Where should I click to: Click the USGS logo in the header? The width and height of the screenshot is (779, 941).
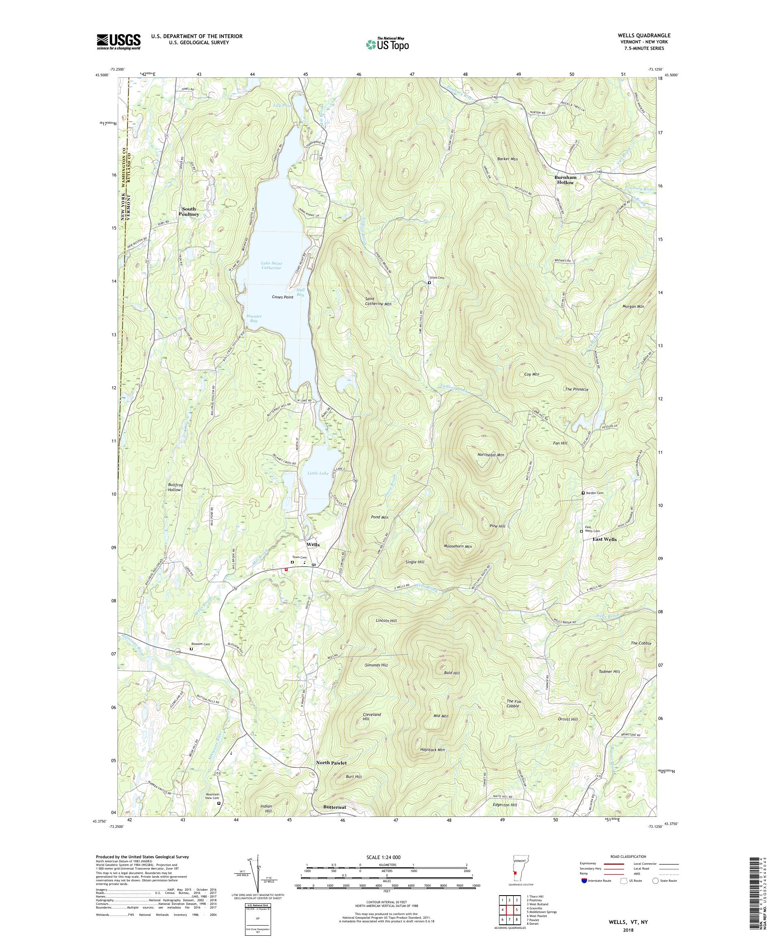(118, 42)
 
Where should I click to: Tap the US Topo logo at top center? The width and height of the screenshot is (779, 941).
(388, 43)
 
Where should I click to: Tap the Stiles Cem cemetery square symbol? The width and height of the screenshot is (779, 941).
(429, 283)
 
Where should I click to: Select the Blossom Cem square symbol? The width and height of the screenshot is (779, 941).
(192, 649)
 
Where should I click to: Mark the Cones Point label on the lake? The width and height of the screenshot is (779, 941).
(282, 297)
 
